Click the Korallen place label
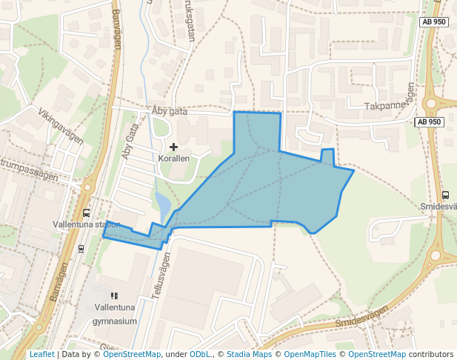[x=174, y=159]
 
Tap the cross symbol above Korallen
[x=174, y=147]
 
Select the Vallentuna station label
[x=87, y=224]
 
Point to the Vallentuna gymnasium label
[x=115, y=314]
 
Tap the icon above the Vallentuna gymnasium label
[x=114, y=296]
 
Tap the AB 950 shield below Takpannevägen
[x=428, y=121]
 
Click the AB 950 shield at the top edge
[x=433, y=22]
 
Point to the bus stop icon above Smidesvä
[x=445, y=195]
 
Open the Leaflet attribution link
[x=41, y=355]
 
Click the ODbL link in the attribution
[x=200, y=355]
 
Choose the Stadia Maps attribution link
[x=249, y=355]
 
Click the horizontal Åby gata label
[x=169, y=110]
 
